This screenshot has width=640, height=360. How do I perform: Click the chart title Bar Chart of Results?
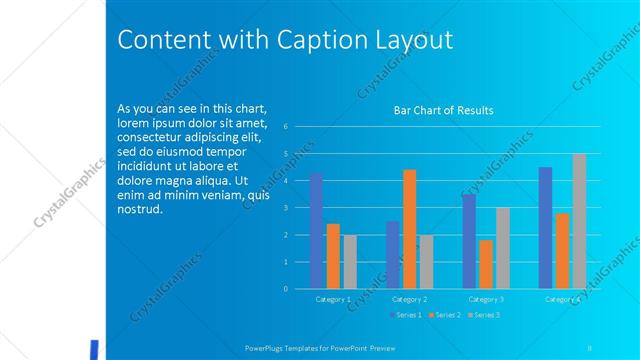coord(443,110)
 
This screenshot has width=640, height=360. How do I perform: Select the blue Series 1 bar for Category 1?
coord(316,231)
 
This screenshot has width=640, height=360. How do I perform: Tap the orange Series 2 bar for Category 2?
coord(409,229)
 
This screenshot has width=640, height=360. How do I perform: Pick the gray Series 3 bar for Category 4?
coord(579,221)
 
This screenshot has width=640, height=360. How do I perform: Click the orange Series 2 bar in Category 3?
coord(486,264)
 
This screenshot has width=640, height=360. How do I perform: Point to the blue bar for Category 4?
coord(545,228)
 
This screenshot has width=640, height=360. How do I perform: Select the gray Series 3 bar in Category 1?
coord(349,262)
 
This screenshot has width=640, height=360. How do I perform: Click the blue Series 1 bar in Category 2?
coord(393,255)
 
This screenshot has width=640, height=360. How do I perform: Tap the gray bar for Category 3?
coord(503,248)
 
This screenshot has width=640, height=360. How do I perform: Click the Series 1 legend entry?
coord(404,315)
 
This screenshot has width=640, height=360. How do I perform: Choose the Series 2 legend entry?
coord(443,315)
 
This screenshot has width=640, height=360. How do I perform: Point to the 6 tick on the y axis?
coord(286,127)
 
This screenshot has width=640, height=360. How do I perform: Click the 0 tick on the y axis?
coord(286,289)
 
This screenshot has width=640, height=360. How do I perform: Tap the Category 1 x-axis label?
coord(333,299)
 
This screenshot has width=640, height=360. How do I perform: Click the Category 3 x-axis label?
coord(486,299)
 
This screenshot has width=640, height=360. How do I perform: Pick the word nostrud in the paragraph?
coord(138,209)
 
